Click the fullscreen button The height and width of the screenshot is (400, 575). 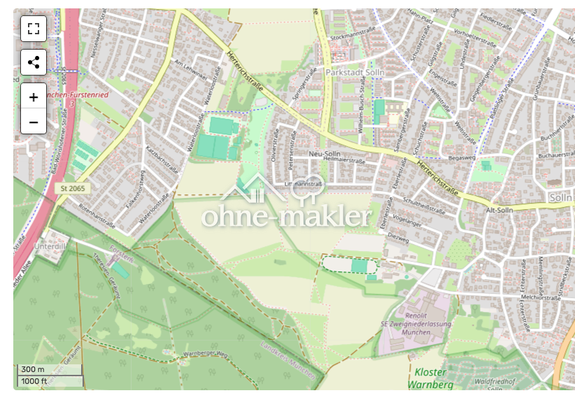34,29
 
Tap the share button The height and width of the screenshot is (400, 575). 34,62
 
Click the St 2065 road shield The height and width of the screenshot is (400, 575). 72,189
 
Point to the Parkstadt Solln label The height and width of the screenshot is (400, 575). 356,72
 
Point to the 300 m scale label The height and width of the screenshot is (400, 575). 33,370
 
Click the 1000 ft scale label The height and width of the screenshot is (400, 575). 34,381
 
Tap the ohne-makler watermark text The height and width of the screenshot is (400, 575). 287,217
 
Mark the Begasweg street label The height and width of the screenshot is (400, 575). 462,158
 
